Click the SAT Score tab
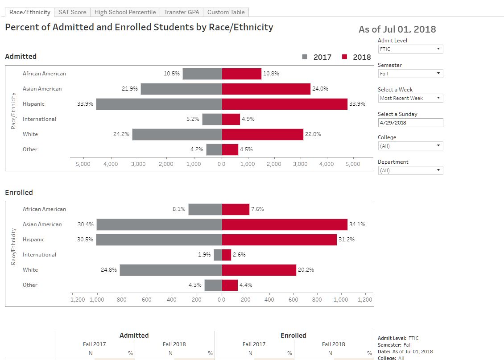point(72,12)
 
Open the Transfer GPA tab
point(182,12)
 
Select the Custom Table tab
point(226,12)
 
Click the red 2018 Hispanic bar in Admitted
point(284,104)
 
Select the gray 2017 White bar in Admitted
point(177,134)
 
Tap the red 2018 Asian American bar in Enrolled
point(284,224)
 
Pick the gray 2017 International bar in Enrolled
point(218,255)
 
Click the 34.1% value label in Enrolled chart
point(357,224)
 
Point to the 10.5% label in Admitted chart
point(172,74)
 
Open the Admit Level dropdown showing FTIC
point(410,49)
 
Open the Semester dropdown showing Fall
point(410,74)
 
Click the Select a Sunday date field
point(410,123)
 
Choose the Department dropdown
point(410,170)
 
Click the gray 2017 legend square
point(305,57)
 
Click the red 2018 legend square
point(345,57)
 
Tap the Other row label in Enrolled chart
point(30,285)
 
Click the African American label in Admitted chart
point(44,74)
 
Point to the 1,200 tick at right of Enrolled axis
point(365,300)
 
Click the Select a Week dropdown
point(410,98)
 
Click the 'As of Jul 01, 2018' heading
point(397,29)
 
